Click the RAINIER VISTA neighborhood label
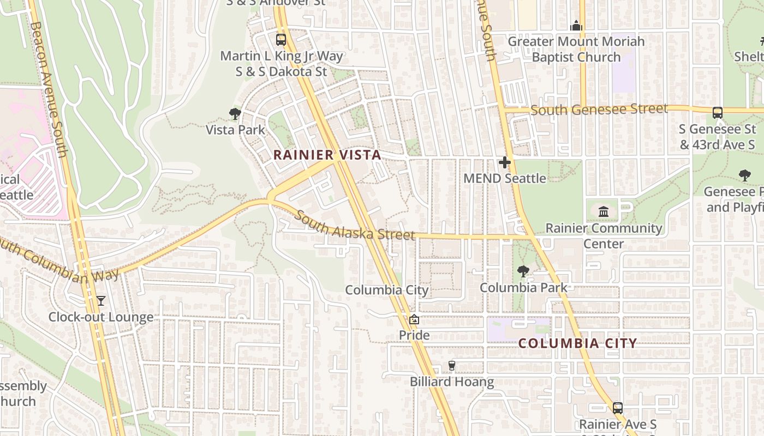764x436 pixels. [327, 155]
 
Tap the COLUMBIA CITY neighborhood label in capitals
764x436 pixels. [577, 343]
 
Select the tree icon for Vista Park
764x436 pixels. [235, 114]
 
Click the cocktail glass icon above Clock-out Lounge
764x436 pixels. [101, 300]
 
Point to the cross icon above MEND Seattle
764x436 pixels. [505, 162]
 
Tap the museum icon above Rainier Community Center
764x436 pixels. [604, 211]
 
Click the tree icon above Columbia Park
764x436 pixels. [523, 271]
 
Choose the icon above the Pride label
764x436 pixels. [414, 319]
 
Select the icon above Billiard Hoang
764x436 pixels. [452, 366]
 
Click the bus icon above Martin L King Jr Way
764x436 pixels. [281, 39]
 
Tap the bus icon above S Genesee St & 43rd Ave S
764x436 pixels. [718, 113]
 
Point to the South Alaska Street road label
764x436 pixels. [355, 226]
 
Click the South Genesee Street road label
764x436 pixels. [599, 110]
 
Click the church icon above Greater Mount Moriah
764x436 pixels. [576, 26]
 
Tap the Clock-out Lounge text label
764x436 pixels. [101, 317]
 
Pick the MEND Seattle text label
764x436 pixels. [504, 178]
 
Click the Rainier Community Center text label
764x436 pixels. [604, 235]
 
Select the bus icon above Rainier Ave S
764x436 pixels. [618, 408]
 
